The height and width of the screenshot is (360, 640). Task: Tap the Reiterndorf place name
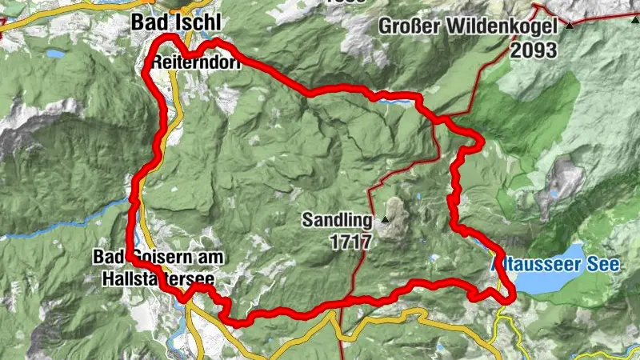pyautogui.click(x=198, y=61)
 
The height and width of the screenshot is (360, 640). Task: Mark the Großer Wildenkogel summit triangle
pyautogui.click(x=570, y=26)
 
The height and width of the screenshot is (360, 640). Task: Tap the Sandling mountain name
pyautogui.click(x=337, y=219)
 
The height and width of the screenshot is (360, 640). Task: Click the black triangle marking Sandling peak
pyautogui.click(x=385, y=219)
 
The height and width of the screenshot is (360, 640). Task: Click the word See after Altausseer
pyautogui.click(x=607, y=265)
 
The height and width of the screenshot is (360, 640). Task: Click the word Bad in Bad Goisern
pyautogui.click(x=107, y=257)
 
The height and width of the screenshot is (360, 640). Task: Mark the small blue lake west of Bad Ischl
pyautogui.click(x=55, y=54)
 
